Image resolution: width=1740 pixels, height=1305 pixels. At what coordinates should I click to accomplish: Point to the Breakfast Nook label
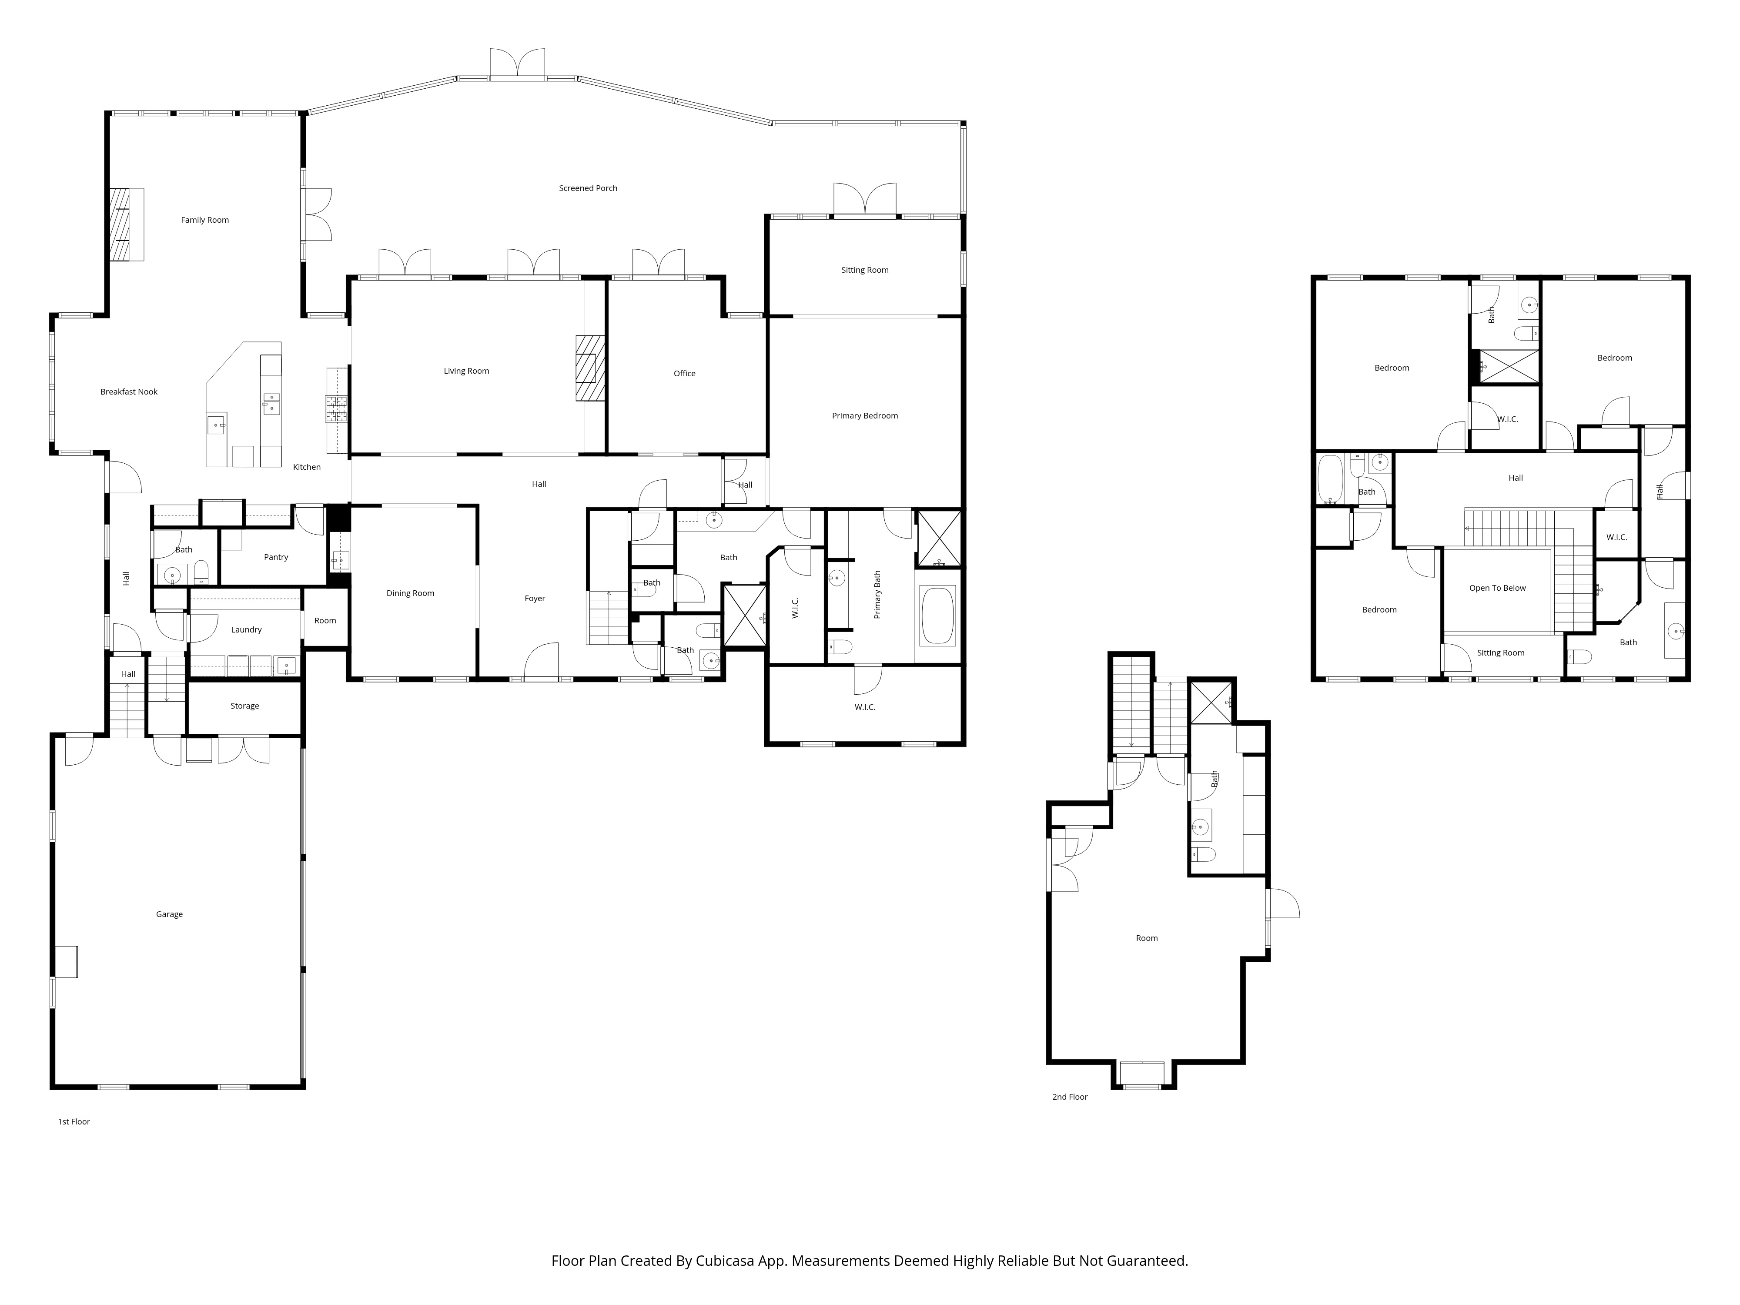pyautogui.click(x=129, y=392)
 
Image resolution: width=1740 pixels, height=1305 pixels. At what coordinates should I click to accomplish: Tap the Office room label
pyautogui.click(x=684, y=374)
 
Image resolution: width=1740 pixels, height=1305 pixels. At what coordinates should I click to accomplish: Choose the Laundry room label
pyautogui.click(x=246, y=630)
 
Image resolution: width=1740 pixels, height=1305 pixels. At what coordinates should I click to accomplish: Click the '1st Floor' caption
pyautogui.click(x=74, y=1122)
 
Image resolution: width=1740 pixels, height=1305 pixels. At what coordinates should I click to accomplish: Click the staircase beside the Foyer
pyautogui.click(x=608, y=618)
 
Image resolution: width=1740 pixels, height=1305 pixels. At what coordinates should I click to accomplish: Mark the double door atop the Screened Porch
pyautogui.click(x=517, y=64)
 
